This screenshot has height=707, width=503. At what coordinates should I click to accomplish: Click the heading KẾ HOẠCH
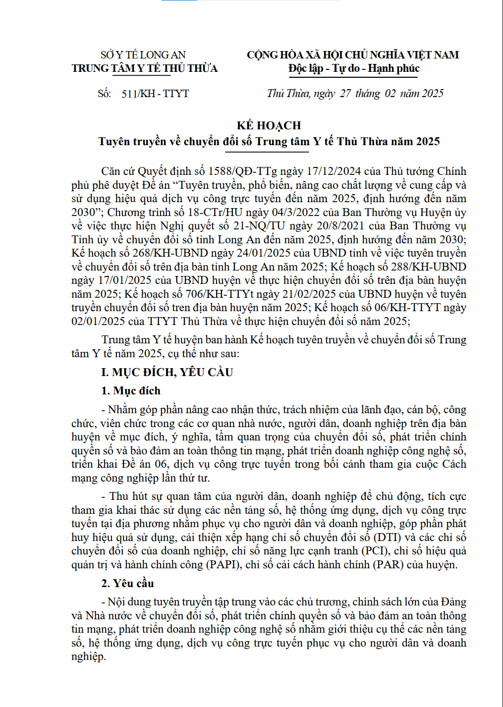point(269,125)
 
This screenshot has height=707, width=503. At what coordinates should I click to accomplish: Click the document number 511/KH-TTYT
point(155,94)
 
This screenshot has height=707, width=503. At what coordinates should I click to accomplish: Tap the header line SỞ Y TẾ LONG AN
point(143,55)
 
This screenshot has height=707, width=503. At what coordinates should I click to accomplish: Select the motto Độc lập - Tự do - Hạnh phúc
point(354,68)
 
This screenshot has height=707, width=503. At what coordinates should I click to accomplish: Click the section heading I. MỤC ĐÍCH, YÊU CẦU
point(167,372)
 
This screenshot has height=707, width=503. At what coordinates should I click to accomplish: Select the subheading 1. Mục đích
point(131,391)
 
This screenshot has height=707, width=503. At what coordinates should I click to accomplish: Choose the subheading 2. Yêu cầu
point(127,583)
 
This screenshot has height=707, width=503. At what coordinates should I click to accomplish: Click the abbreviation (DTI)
point(387,537)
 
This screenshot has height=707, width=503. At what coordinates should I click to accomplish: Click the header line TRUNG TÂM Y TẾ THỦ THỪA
point(144,68)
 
